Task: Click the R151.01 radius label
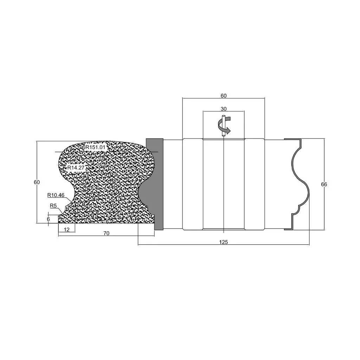point(96,147)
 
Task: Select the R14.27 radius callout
point(76,168)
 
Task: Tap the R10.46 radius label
point(56,195)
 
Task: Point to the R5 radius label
point(53,206)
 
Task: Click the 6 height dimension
point(48,219)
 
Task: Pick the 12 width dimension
point(66,229)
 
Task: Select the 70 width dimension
point(106,233)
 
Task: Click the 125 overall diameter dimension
point(223,242)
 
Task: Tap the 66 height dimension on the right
point(324,184)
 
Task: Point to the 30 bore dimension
point(223,109)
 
